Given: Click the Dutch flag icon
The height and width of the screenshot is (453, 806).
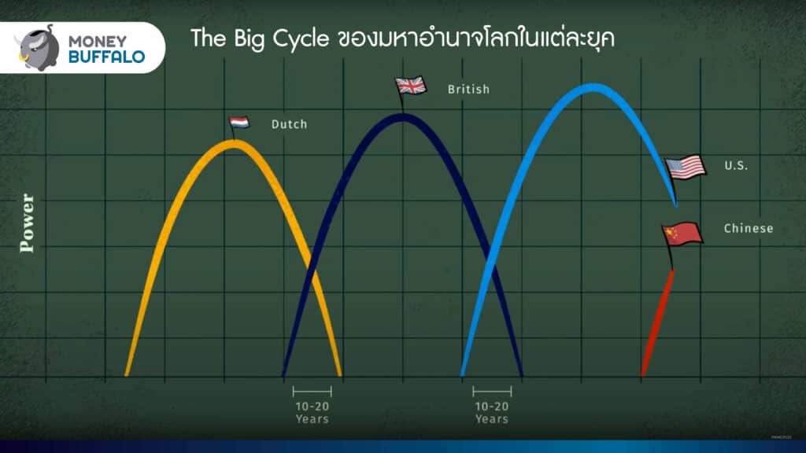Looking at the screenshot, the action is [239, 122].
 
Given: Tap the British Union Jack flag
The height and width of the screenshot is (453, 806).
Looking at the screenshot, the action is [411, 85].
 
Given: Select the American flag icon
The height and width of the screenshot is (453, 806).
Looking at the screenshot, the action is [686, 168].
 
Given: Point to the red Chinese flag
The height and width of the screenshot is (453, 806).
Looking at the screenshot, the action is [682, 234].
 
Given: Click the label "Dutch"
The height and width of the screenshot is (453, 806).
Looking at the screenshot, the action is [290, 124].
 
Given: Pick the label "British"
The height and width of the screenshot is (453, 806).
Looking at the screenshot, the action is [469, 90].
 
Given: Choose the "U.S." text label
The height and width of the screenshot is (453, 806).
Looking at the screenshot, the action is [736, 165].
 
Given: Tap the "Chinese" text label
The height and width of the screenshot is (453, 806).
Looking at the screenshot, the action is [749, 229].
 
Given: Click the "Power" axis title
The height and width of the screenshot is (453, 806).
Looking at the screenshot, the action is [27, 223].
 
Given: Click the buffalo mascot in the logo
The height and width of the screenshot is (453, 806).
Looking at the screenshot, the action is [37, 48].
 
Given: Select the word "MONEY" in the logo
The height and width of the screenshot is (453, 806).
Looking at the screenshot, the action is [98, 41].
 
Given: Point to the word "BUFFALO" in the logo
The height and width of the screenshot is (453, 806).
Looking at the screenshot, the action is [106, 57].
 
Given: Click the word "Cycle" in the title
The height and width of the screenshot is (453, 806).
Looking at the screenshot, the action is [301, 39].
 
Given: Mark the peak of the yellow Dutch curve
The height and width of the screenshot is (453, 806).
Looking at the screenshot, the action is [234, 143].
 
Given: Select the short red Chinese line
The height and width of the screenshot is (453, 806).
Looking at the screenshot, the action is [658, 322].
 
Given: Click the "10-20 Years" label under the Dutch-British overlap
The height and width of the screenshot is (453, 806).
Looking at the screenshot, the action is [312, 412].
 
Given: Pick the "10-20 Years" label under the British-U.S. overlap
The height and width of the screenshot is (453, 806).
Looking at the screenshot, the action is [492, 412].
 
